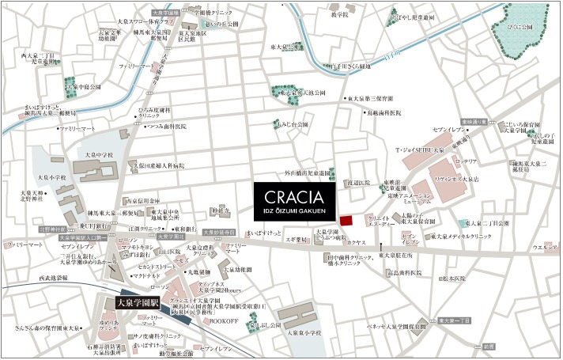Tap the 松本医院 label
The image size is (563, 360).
click(456, 278)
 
